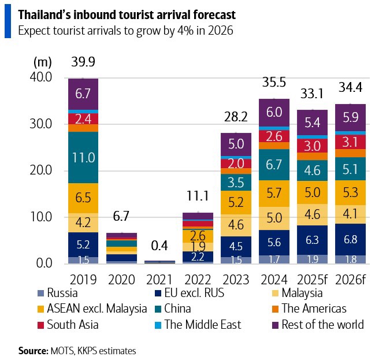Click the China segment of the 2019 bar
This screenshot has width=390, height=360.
[83, 157]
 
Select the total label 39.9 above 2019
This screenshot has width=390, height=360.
[83, 62]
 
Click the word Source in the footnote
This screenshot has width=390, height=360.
[32, 350]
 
